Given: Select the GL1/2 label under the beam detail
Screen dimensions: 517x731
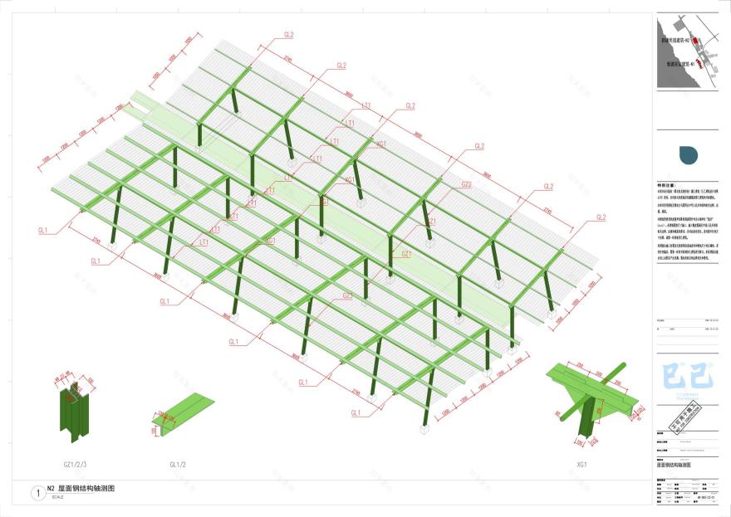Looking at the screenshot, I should coord(179,464).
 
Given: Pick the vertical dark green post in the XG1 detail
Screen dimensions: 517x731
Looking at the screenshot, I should coord(587,419).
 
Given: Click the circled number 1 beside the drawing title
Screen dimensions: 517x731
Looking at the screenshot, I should coord(37,493).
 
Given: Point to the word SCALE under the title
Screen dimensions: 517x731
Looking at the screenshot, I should coord(57,497).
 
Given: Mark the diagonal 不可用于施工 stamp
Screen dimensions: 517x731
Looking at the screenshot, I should coord(685,413).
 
